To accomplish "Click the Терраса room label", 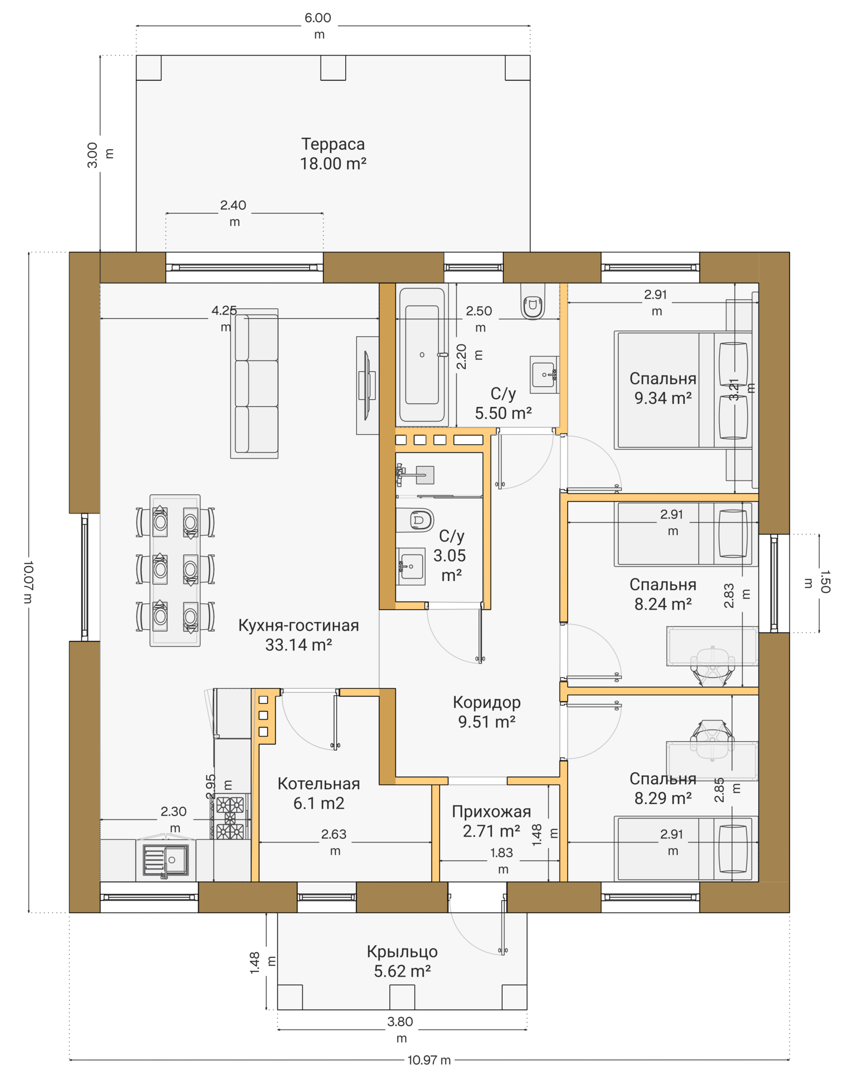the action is pos(333,144).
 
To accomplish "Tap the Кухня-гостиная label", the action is pos(298,625).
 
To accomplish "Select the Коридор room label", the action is pos(487,702).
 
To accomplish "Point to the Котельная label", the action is pos(319,783).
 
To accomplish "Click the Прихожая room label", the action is pos(491,811).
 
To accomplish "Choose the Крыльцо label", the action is pos(402,951).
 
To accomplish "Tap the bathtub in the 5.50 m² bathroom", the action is pos(422,354).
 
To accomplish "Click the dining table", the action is pos(175,570).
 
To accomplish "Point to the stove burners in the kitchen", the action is pos(230,818).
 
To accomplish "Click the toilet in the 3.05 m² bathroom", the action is pos(415,520).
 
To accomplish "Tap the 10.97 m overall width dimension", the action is pos(429,1060).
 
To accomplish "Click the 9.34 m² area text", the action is pos(663,398).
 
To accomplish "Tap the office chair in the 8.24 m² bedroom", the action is pos(712,665).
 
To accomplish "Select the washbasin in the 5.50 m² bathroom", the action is pos(544,375).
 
